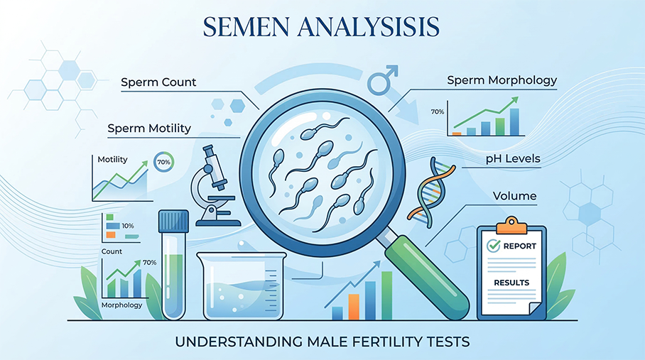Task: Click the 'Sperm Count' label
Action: coord(158,82)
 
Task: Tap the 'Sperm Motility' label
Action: coord(149,129)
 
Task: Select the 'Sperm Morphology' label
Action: coord(502,80)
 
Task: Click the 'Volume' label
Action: coord(515,196)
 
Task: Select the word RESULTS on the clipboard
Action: coord(511,283)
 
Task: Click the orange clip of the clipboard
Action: coord(511,225)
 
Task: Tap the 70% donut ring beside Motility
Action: coord(164,162)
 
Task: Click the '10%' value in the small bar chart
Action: coord(128,225)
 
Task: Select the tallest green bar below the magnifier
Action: coord(386,295)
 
